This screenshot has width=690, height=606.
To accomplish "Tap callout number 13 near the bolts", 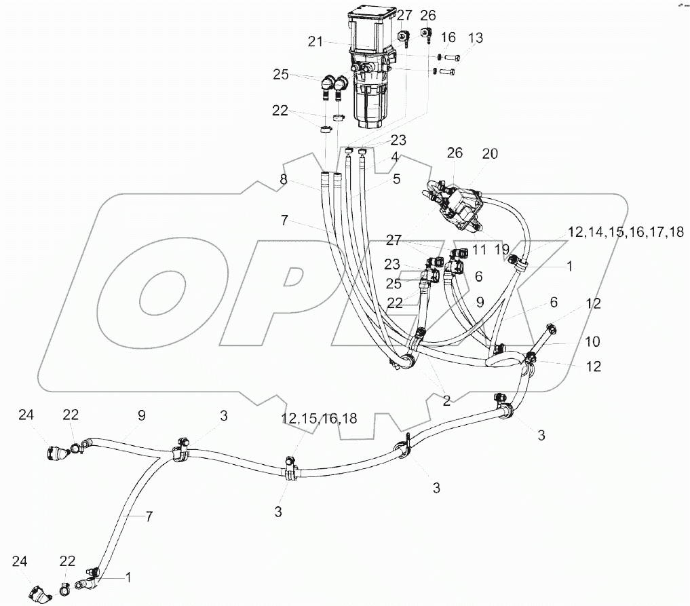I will pos(476,38).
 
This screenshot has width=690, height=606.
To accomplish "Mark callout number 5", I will pos(396,180).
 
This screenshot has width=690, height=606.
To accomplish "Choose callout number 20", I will pos(489,154).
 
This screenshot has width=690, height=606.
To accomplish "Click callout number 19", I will pos(501,250).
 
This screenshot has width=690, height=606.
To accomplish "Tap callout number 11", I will pos(480,250).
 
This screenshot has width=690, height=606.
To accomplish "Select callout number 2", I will pos(446,401).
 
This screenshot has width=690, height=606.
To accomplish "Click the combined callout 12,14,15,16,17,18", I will pos(626,232).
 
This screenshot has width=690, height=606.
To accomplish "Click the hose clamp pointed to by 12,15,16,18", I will pos(290,469).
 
